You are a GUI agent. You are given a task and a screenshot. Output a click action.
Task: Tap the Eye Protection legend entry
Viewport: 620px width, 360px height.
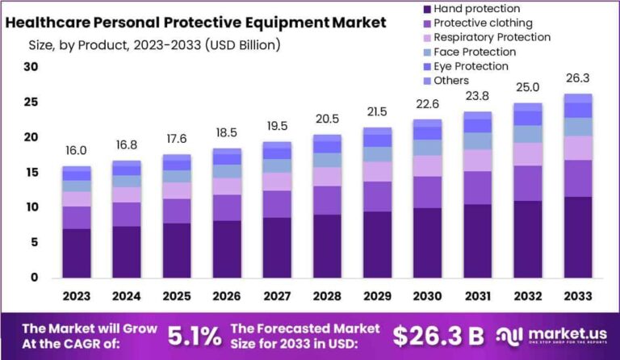[x=470, y=66]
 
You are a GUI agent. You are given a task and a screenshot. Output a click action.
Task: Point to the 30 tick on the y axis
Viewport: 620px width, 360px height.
[x=31, y=67]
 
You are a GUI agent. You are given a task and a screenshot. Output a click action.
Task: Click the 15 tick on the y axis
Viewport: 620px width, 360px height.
[x=31, y=173]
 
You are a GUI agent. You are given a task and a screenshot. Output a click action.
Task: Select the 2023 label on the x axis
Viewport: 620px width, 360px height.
[x=77, y=297]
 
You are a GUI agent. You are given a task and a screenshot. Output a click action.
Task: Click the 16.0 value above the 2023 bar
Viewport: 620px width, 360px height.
[x=77, y=151]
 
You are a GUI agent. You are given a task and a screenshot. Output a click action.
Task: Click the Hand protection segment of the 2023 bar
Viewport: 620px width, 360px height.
[x=77, y=253]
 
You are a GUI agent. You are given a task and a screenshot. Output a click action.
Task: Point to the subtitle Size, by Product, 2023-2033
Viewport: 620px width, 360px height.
[x=143, y=45]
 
